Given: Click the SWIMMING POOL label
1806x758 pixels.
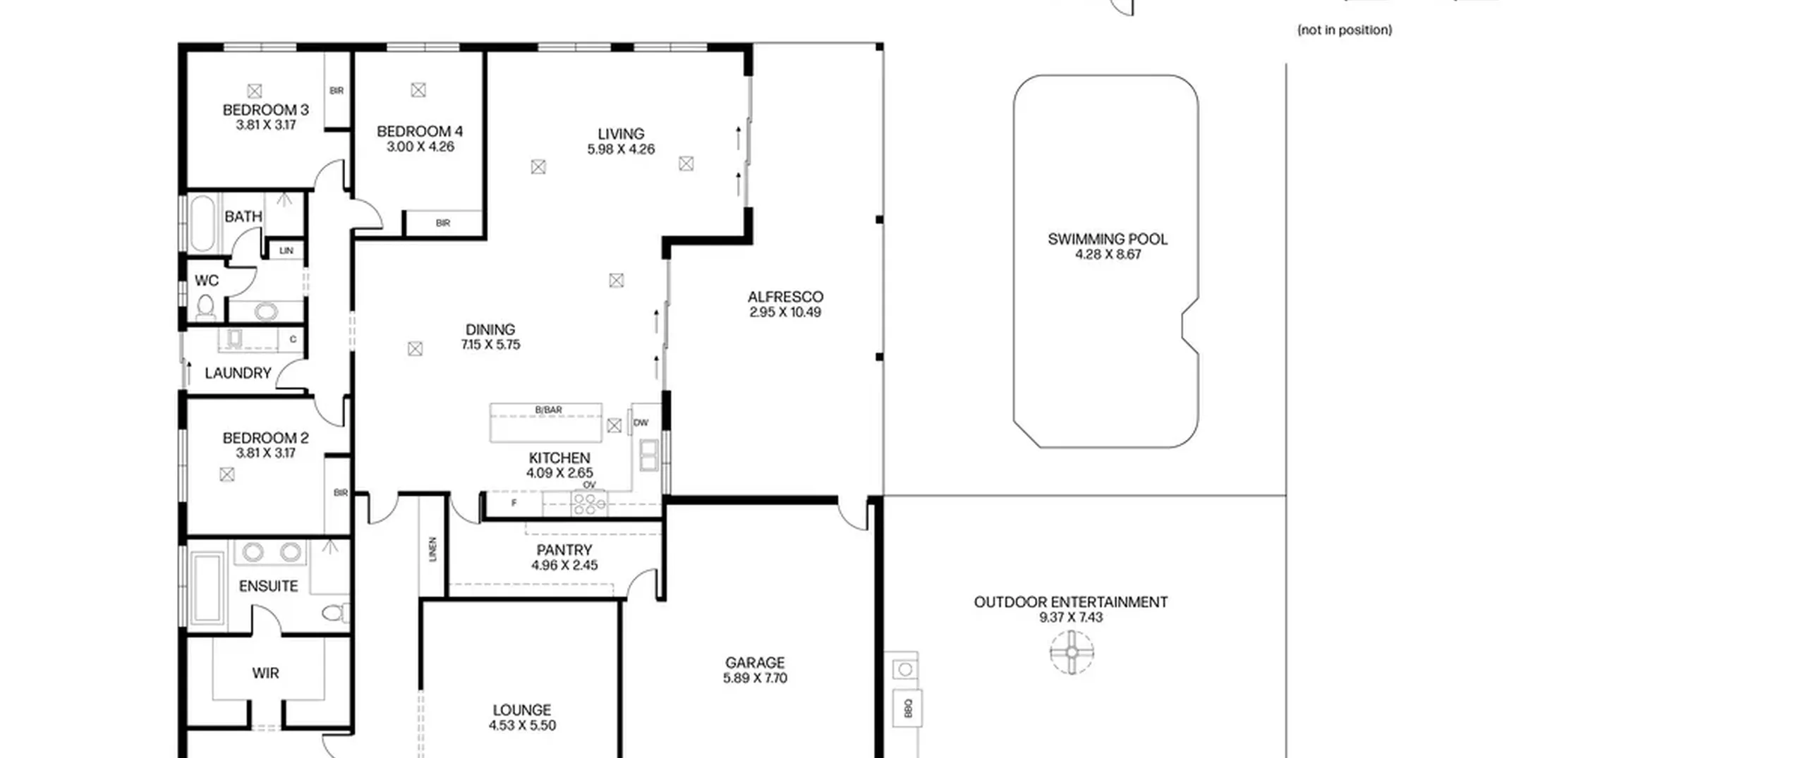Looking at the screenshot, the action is (x=1107, y=239).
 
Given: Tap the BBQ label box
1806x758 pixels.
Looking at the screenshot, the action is (x=908, y=707).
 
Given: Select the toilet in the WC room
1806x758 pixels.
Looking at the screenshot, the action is (x=205, y=307).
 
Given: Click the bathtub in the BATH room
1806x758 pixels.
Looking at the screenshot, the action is (x=202, y=224).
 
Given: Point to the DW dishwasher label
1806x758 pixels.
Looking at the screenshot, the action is (x=641, y=423).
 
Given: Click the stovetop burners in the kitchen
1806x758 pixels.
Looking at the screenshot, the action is (x=589, y=503).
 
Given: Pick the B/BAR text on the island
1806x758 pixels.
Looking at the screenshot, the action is (x=548, y=410).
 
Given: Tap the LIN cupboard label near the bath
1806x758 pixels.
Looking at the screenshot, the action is (x=286, y=250).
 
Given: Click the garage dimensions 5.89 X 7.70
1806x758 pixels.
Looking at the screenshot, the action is (x=755, y=678).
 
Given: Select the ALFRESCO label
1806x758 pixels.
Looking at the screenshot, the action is (x=785, y=297).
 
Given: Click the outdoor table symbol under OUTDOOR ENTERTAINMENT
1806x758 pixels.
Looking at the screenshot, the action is (x=1072, y=652).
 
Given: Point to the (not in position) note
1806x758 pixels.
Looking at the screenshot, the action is (x=1345, y=30).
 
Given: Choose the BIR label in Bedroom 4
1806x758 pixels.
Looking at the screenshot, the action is (x=443, y=223).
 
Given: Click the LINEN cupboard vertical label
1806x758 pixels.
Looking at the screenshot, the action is (x=432, y=549).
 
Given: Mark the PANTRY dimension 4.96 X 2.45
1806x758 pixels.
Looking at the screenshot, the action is (x=564, y=566).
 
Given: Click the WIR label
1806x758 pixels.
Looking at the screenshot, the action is (x=265, y=673).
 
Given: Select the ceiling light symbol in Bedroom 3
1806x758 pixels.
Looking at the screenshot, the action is (x=255, y=91).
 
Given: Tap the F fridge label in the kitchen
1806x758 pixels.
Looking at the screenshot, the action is (x=514, y=503).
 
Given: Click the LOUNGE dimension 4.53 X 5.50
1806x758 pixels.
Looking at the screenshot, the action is (x=522, y=726).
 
